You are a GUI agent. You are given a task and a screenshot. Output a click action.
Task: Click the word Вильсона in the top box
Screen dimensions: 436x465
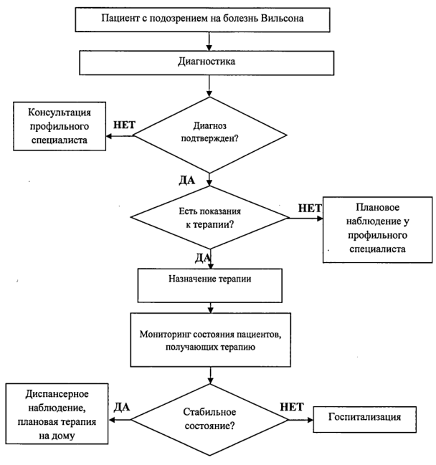[x=283, y=19]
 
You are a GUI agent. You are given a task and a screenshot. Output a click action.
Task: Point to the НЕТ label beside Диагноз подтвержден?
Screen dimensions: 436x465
[x=124, y=125]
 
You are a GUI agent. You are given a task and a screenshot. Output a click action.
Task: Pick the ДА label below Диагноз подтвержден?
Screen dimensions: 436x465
[x=187, y=180]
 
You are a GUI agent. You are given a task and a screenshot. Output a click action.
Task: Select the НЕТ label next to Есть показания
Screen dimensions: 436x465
[x=310, y=208]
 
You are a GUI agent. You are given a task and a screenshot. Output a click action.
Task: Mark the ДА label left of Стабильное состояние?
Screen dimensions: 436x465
[x=122, y=407]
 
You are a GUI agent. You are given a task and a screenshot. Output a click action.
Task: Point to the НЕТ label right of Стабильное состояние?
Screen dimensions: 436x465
[x=292, y=407]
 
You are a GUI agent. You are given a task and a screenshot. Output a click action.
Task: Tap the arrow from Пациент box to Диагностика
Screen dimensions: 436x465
[x=209, y=42]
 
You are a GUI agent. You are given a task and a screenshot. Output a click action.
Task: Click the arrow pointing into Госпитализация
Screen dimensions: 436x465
[x=300, y=420]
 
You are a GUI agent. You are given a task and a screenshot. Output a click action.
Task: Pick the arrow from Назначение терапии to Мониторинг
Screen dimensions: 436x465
[x=210, y=308]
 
